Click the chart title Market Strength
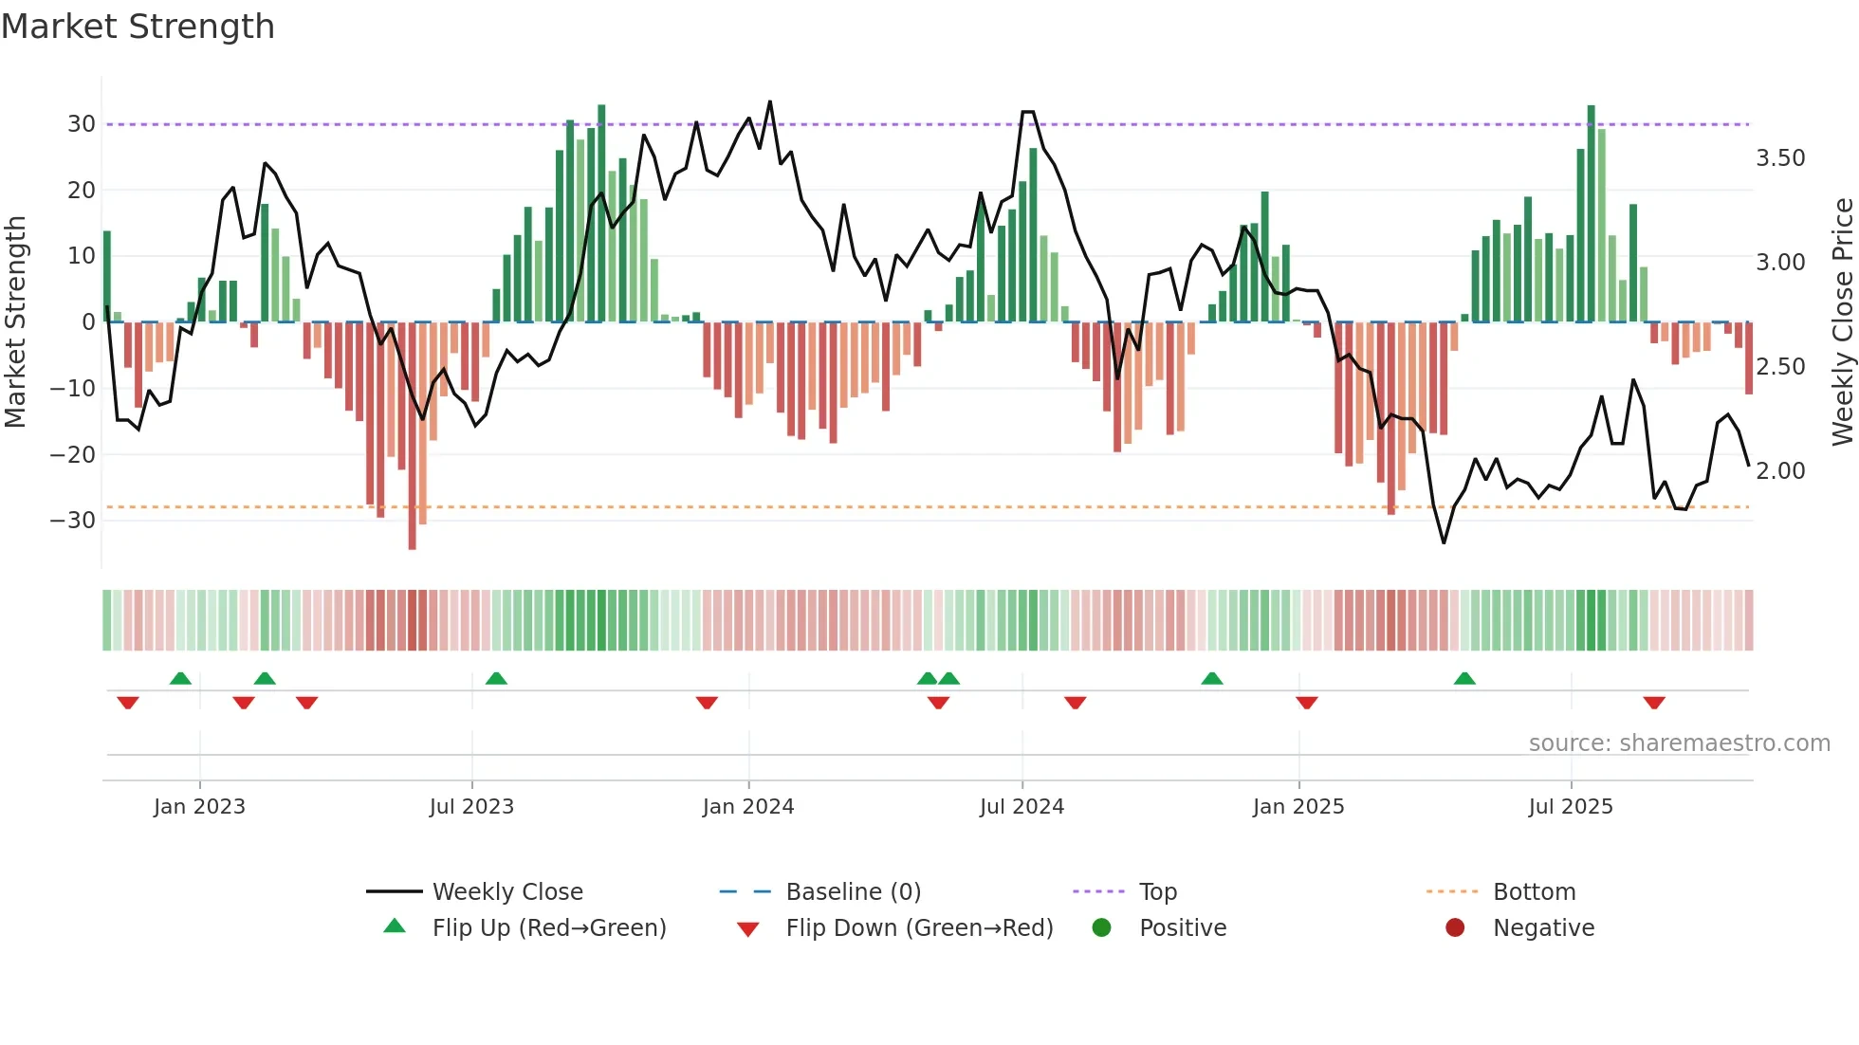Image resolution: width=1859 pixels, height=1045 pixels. pos(138,27)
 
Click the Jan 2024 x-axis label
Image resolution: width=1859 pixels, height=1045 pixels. pos(747,807)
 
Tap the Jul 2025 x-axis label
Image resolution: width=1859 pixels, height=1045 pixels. pos(1570,807)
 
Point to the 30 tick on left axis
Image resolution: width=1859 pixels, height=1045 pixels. pos(82,124)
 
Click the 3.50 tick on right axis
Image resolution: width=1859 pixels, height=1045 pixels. pos(1780,158)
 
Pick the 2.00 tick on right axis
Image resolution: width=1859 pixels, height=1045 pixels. pos(1780,471)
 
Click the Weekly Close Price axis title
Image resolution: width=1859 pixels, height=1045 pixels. pos(1842,322)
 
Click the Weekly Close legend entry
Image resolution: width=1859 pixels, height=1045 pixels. pos(506,892)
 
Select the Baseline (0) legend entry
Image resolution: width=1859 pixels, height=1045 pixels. pos(853,892)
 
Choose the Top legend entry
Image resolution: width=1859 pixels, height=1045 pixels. pos(1157,892)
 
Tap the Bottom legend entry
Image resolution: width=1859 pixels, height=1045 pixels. pos(1534,892)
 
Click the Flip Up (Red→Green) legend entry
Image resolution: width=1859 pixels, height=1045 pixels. pos(548,928)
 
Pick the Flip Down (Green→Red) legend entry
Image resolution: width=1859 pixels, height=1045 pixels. pos(918,928)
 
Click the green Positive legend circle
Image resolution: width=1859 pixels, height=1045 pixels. pos(1101,928)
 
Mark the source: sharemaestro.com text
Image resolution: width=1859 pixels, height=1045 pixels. pos(1679,743)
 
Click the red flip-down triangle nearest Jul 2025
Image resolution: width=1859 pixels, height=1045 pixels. pos(1654,703)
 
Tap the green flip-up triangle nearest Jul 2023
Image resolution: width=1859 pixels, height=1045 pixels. pos(496,678)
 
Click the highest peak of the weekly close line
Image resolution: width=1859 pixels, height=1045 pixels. pos(769,101)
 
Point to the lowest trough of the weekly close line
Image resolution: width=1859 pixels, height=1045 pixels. pos(1444,542)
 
